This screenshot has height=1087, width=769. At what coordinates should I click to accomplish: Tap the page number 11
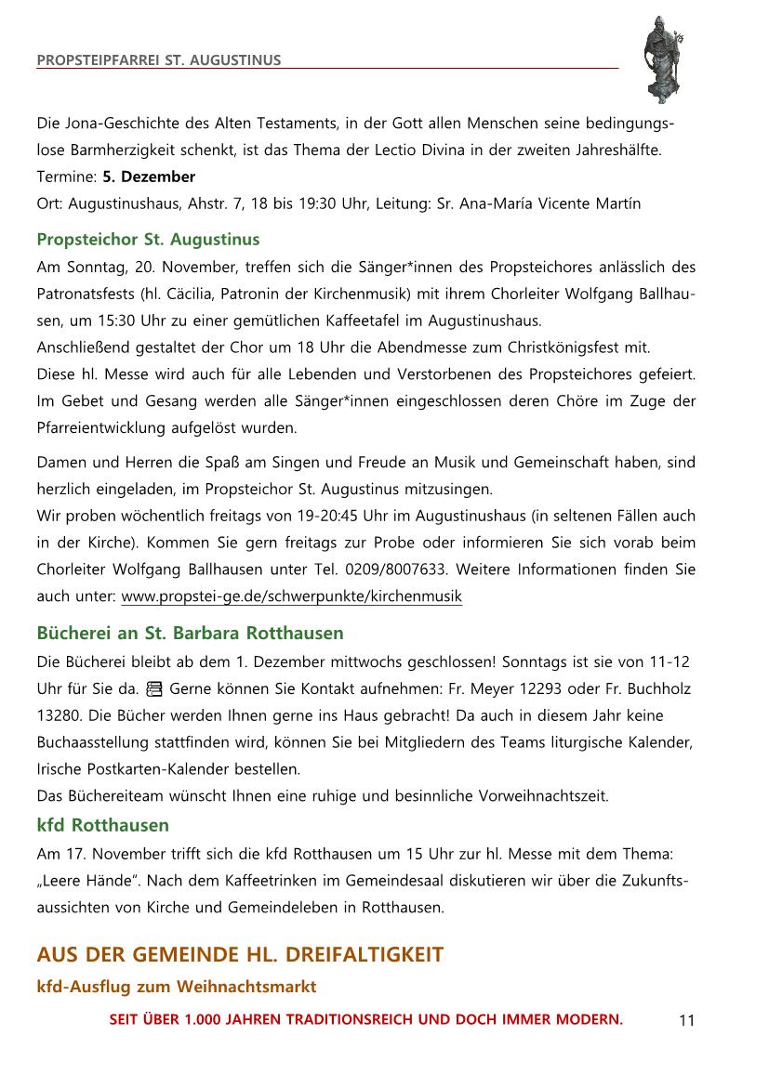(686, 1021)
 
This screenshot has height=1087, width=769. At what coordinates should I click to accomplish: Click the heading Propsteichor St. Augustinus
(148, 240)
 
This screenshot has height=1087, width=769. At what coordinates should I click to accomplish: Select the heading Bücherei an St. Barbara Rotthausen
(190, 634)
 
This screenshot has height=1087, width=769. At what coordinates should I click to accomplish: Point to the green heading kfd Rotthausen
(102, 825)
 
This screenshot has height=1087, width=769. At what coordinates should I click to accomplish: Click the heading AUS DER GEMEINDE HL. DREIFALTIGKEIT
(240, 955)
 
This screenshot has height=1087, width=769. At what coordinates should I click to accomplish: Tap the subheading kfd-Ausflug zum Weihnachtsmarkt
(176, 987)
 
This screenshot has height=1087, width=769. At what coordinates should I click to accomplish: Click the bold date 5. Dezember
(149, 177)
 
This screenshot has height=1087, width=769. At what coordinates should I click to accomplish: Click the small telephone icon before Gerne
(154, 689)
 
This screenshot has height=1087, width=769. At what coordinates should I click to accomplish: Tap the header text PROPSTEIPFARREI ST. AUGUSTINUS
(158, 61)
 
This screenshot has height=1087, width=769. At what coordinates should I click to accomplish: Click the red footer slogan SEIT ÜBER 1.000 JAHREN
(366, 1019)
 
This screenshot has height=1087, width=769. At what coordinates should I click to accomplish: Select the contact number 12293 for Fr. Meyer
(550, 689)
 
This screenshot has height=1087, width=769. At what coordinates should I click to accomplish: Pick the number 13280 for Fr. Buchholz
(58, 716)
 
